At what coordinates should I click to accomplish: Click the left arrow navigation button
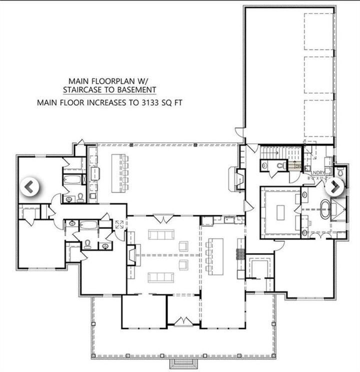pyautogui.click(x=29, y=187)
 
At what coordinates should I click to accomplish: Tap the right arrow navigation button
pyautogui.click(x=334, y=187)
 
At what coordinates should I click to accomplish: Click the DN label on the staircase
pyautogui.click(x=297, y=166)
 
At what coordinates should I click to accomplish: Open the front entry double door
pyautogui.click(x=182, y=318)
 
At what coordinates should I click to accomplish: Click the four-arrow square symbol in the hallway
pyautogui.click(x=119, y=224)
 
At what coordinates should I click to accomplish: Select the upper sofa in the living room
pyautogui.click(x=161, y=234)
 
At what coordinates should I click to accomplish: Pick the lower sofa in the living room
pyautogui.click(x=161, y=276)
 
